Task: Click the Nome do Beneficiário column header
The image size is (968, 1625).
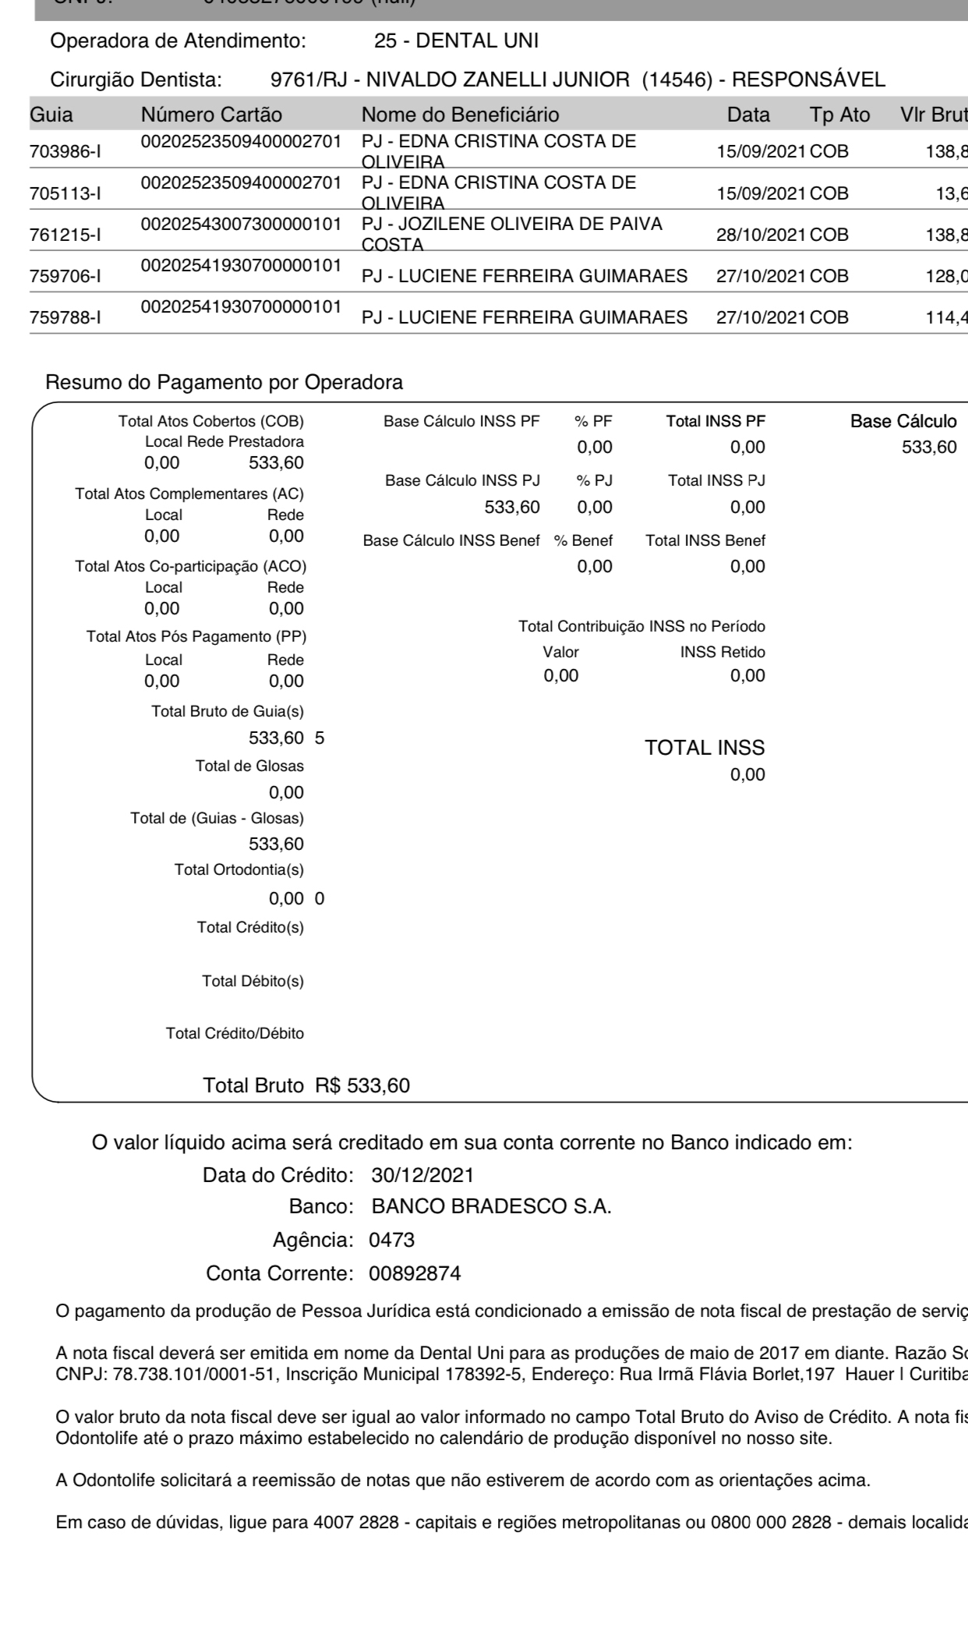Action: click(x=460, y=115)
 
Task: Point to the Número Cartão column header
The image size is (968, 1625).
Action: click(x=211, y=115)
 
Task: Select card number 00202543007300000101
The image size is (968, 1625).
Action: click(x=241, y=225)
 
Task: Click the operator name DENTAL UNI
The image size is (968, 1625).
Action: click(x=477, y=41)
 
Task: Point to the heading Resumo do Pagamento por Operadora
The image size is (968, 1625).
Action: click(x=224, y=383)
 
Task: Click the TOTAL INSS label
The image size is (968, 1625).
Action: click(x=705, y=749)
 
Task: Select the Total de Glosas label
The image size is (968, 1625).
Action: click(x=249, y=766)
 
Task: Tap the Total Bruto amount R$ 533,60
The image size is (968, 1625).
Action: click(x=362, y=1085)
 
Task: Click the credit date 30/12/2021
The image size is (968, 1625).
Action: click(x=422, y=1175)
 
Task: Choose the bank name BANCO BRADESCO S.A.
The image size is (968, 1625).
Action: click(x=491, y=1207)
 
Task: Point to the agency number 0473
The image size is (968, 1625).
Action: click(x=391, y=1240)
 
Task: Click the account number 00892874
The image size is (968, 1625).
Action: click(x=415, y=1274)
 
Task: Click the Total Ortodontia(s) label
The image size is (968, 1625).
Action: click(x=239, y=870)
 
